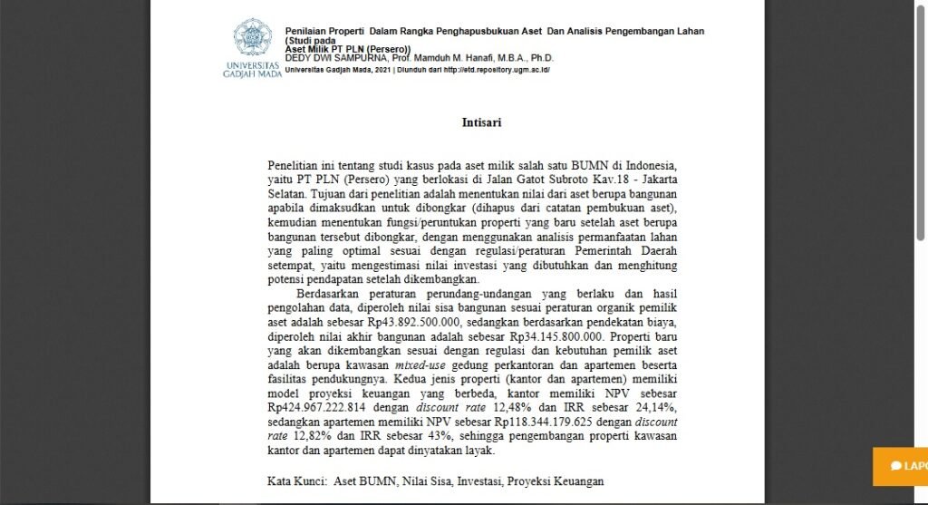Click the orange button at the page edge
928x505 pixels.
pyautogui.click(x=900, y=466)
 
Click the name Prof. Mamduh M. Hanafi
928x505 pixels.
pyautogui.click(x=454, y=59)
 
